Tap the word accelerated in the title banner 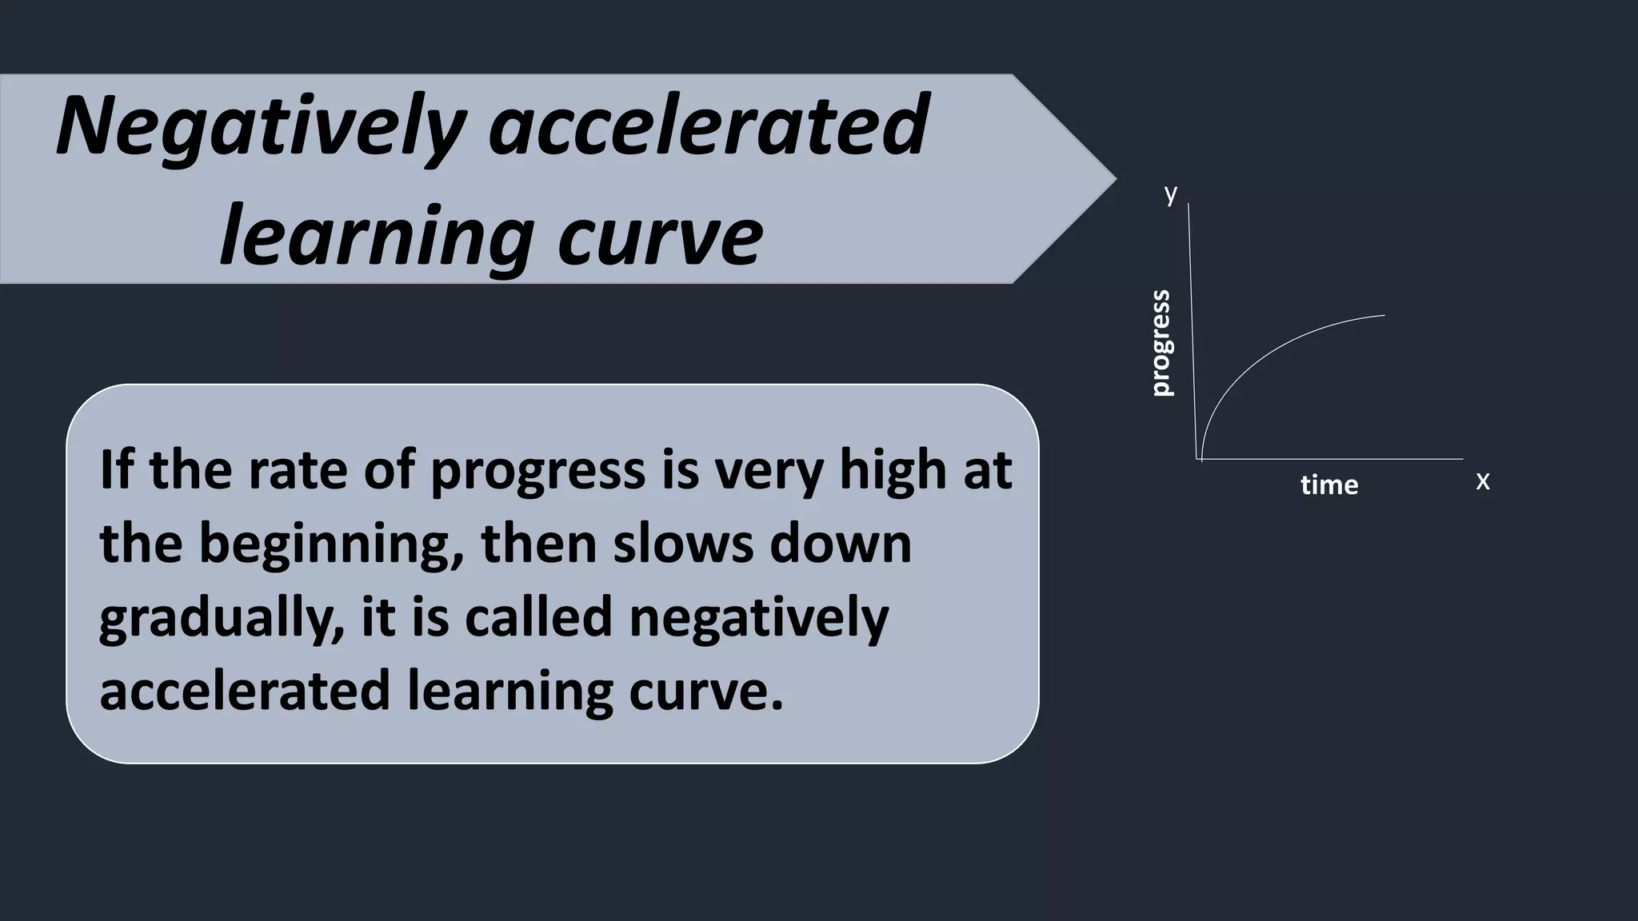point(709,126)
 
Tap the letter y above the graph point(1171,193)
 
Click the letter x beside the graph point(1482,481)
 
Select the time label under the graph point(1329,484)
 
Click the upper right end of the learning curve point(1383,317)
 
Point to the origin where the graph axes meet point(1197,459)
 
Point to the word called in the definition point(538,617)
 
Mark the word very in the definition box point(769,472)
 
